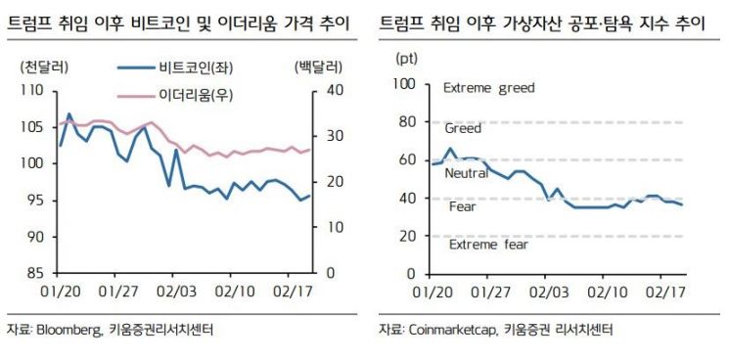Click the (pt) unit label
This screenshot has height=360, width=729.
405,58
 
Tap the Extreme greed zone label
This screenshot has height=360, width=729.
489,88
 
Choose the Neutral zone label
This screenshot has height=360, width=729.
466,173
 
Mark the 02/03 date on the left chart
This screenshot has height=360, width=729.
181,291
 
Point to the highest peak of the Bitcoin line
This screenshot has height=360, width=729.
68,114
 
